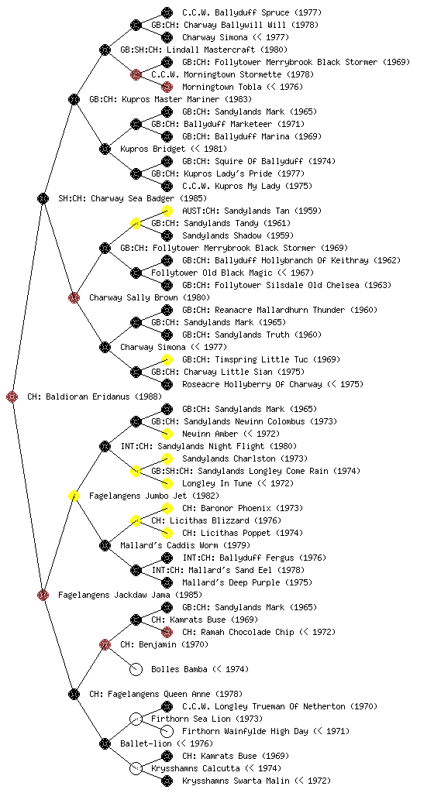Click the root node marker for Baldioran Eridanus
click(x=12, y=396)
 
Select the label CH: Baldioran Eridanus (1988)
click(x=95, y=396)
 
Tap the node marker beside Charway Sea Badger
click(x=43, y=198)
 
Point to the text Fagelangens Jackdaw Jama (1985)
click(x=130, y=595)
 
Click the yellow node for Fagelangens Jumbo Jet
click(x=74, y=496)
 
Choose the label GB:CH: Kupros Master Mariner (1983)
click(x=170, y=99)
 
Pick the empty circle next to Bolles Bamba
click(x=136, y=669)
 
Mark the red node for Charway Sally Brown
click(x=74, y=297)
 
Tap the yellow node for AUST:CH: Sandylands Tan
click(x=167, y=211)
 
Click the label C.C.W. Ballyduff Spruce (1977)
click(x=252, y=12)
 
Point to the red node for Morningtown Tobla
click(x=167, y=87)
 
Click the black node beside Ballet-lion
click(x=105, y=743)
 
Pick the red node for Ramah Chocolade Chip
click(x=167, y=632)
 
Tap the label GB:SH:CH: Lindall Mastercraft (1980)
click(x=204, y=50)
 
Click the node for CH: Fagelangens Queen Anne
click(x=74, y=694)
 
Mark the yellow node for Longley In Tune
click(x=167, y=483)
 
